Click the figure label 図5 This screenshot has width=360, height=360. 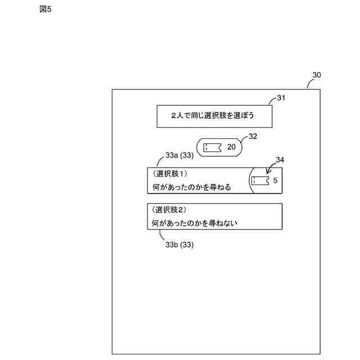tap(46, 10)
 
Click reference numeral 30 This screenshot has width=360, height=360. tap(317, 75)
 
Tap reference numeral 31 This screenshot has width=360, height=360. tap(281, 97)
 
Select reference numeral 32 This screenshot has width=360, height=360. tap(253, 136)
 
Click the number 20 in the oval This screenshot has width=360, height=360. tap(232, 147)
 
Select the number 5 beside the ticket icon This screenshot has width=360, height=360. tap(275, 181)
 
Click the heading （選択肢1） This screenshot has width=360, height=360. tap(171, 174)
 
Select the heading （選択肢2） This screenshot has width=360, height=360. tap(171, 209)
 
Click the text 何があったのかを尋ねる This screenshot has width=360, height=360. tap(192, 187)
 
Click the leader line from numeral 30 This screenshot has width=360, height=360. tap(309, 84)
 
